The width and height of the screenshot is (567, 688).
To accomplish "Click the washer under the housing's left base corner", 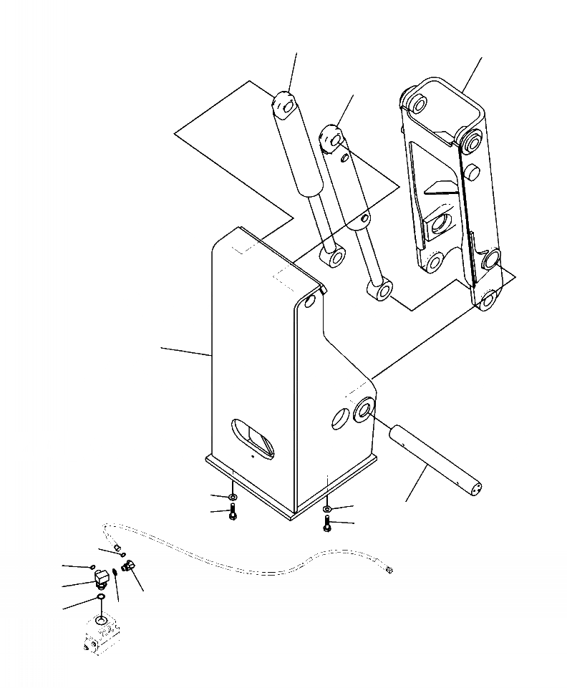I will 233,496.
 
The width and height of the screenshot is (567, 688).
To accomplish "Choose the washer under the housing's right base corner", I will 326,508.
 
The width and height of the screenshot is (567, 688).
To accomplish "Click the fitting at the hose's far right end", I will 389,570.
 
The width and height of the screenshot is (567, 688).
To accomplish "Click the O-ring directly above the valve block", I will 100,598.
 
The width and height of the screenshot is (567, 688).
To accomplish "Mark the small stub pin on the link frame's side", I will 472,173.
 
